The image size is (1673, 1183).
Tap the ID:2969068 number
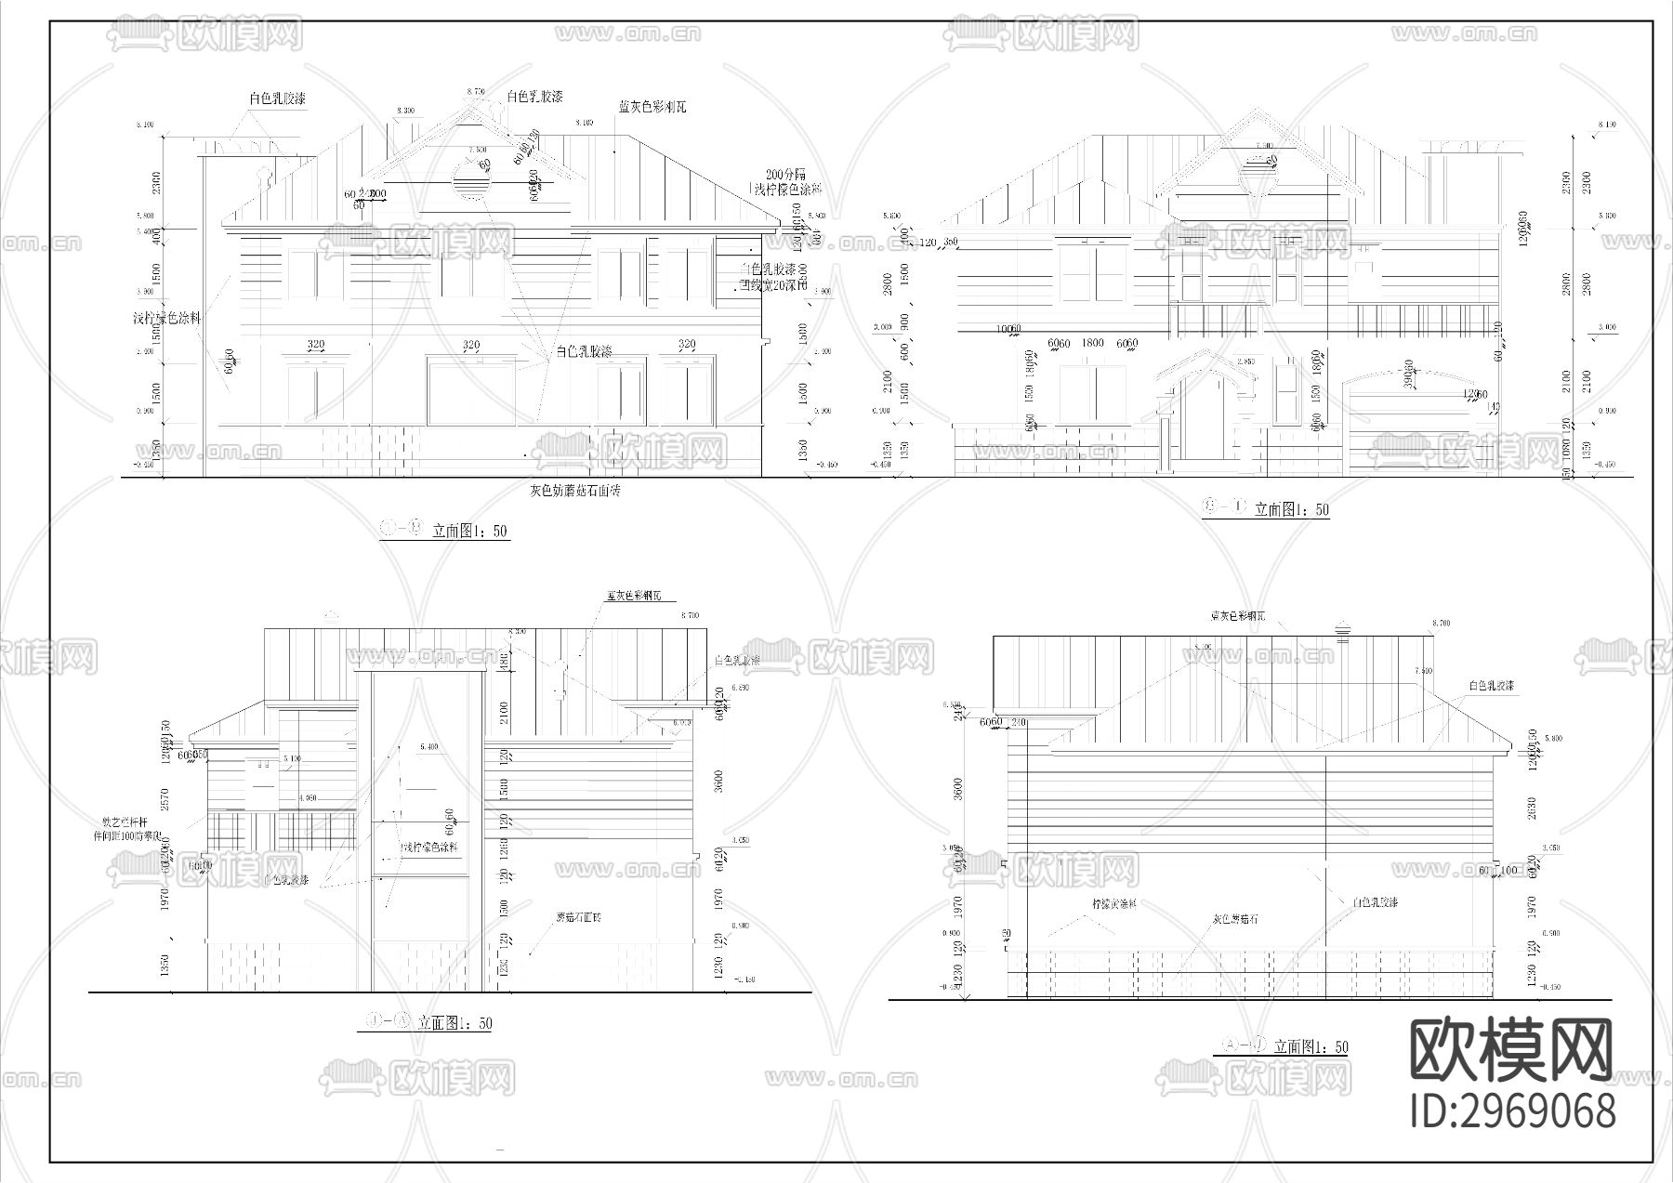point(1512,1111)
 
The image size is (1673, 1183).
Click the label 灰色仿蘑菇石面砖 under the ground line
point(575,491)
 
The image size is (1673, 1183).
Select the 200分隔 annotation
point(785,175)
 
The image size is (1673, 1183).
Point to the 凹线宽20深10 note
point(773,286)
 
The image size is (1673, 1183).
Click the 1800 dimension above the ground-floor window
point(1093,344)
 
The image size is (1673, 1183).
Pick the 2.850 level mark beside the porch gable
point(1246,361)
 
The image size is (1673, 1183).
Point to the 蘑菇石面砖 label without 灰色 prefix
point(578,917)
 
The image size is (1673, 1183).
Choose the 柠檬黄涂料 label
point(1114,903)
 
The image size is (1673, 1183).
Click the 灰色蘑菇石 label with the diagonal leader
point(1235,919)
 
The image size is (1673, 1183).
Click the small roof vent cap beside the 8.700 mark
point(1341,631)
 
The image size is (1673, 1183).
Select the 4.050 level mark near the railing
point(308,798)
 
